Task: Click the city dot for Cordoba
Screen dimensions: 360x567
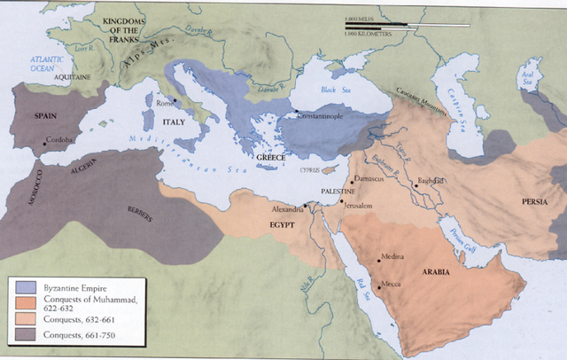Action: click(x=44, y=141)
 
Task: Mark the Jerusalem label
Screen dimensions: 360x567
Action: click(x=361, y=206)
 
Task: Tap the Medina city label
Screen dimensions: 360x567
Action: click(x=392, y=256)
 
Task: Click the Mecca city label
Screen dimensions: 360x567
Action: click(x=392, y=284)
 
